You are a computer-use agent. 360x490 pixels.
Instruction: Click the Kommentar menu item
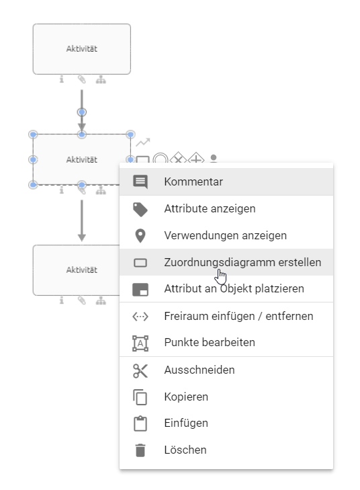[193, 181]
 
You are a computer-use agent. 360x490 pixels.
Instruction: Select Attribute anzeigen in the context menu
[210, 208]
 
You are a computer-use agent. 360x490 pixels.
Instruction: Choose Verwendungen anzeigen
[225, 235]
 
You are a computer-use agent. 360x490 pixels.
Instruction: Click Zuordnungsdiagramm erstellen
[242, 262]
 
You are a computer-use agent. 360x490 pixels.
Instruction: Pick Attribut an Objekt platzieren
[234, 288]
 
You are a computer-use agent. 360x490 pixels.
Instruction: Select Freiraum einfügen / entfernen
[238, 316]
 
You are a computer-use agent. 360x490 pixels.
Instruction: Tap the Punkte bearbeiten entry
[210, 342]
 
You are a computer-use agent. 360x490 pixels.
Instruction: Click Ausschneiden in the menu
[199, 370]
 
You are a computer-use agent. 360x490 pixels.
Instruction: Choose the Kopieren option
[186, 397]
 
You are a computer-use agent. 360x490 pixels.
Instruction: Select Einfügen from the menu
[186, 423]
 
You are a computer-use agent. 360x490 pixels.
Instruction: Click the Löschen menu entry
[185, 450]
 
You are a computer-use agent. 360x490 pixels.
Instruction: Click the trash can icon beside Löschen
[140, 450]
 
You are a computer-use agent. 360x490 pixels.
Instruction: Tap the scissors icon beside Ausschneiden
[140, 370]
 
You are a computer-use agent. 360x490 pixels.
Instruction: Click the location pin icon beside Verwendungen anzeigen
[140, 235]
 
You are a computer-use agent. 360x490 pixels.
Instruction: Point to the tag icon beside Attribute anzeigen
[140, 209]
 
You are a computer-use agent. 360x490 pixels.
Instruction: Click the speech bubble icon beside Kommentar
[140, 181]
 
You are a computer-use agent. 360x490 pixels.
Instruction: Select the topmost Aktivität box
[82, 48]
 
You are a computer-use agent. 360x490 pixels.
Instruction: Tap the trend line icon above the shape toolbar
[142, 142]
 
